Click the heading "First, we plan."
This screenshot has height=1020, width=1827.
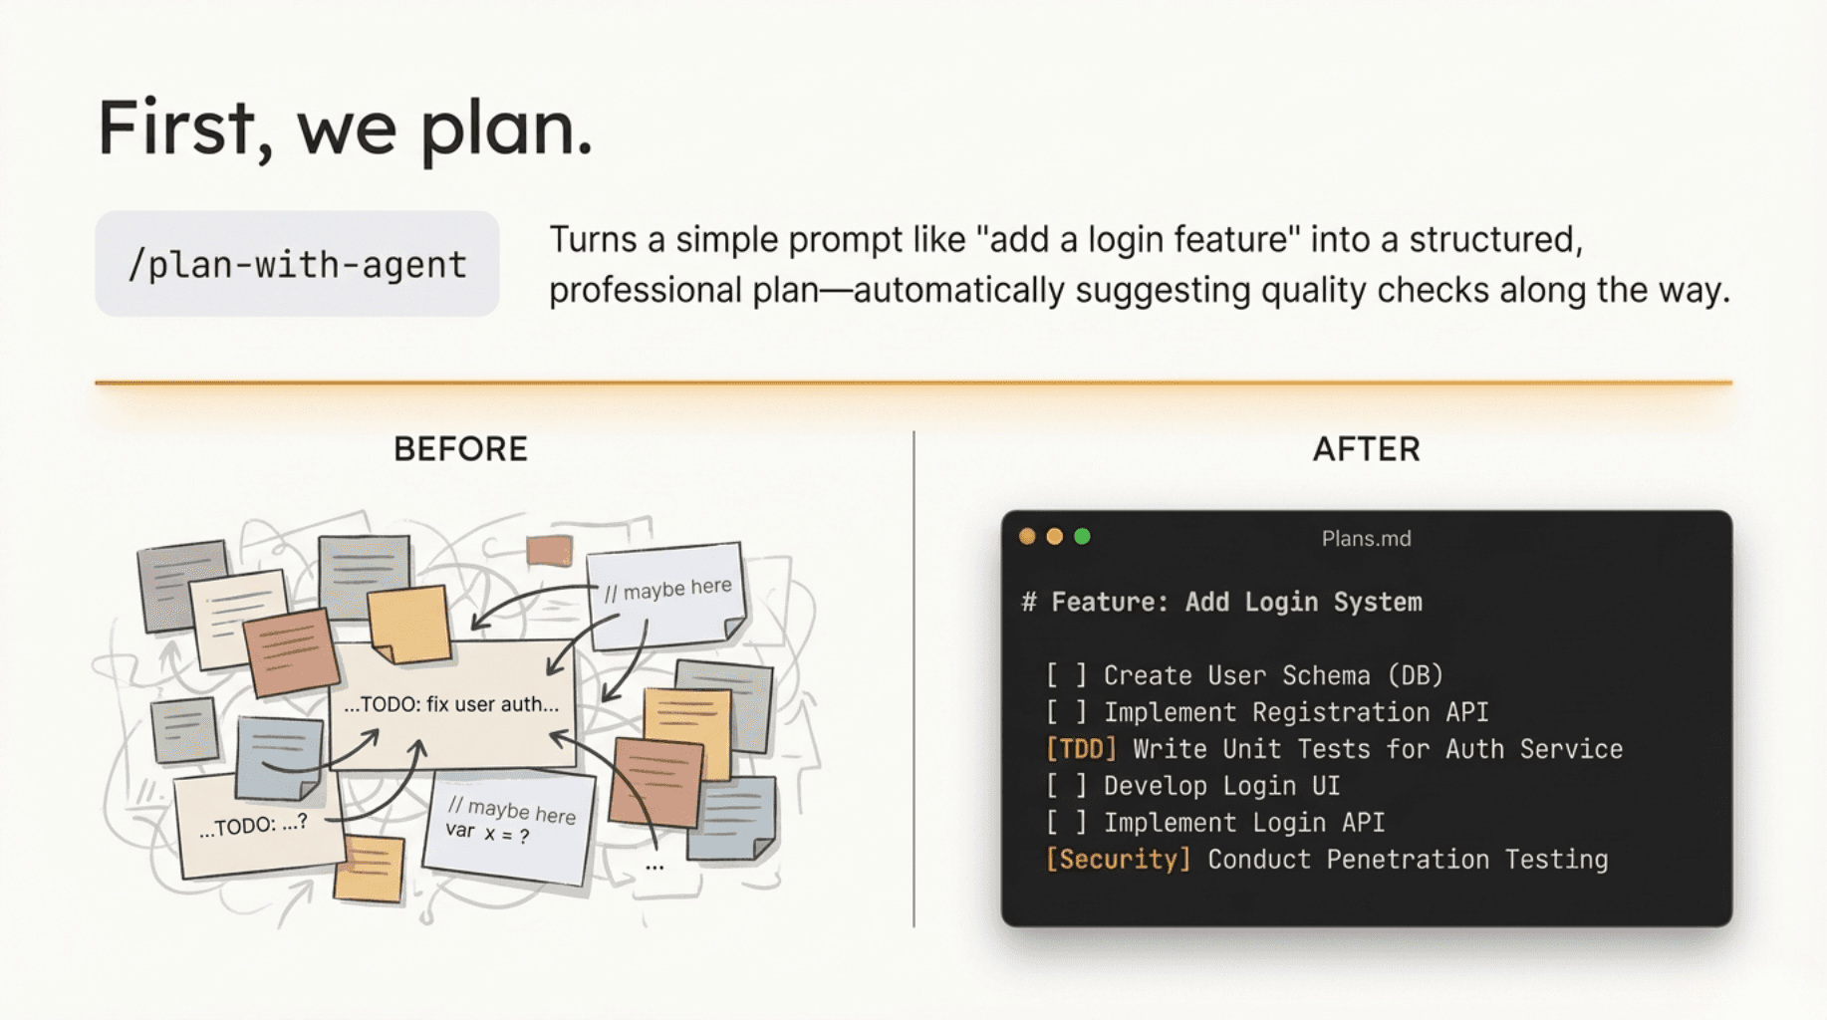[x=345, y=128]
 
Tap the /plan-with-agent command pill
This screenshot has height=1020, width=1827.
[x=297, y=264]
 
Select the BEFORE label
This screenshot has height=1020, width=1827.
[x=460, y=449]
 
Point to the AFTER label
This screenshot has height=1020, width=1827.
[x=1366, y=449]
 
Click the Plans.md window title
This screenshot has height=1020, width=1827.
[x=1366, y=539]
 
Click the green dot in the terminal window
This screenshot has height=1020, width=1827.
[x=1082, y=537]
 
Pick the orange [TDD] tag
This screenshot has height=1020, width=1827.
[x=1081, y=749]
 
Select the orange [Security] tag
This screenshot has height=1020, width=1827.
[x=1118, y=860]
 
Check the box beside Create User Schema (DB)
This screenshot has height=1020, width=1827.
[x=1066, y=675]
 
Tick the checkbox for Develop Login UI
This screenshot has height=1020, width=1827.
[x=1066, y=786]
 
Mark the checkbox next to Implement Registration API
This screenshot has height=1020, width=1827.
[x=1066, y=712]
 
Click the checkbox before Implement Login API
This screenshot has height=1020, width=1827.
[x=1066, y=823]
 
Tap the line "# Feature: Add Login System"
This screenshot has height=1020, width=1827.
[x=1222, y=603]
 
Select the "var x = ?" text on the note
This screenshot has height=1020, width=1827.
[x=487, y=833]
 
